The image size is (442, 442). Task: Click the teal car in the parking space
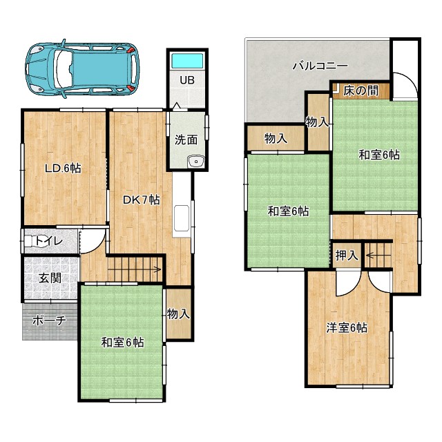(x=82, y=69)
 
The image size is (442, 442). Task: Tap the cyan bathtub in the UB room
(x=187, y=60)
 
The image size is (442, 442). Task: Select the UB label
(x=187, y=80)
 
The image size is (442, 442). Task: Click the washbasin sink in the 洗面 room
(x=196, y=162)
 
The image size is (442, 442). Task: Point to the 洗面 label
(x=186, y=140)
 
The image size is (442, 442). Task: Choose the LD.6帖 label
(x=63, y=169)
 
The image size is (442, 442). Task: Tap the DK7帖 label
(x=141, y=200)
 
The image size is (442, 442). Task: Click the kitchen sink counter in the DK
(x=182, y=218)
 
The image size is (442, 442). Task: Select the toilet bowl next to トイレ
(x=35, y=241)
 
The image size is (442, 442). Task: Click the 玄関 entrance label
(x=50, y=278)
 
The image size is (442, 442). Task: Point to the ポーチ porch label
(x=49, y=320)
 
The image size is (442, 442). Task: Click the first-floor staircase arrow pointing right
(x=134, y=269)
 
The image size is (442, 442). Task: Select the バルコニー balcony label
(x=320, y=66)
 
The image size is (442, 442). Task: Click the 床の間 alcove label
(x=361, y=90)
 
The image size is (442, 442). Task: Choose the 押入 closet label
(x=347, y=256)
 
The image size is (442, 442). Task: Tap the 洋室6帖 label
(x=347, y=328)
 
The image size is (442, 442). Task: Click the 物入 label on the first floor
(x=178, y=314)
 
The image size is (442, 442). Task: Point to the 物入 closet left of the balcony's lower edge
(x=276, y=138)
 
